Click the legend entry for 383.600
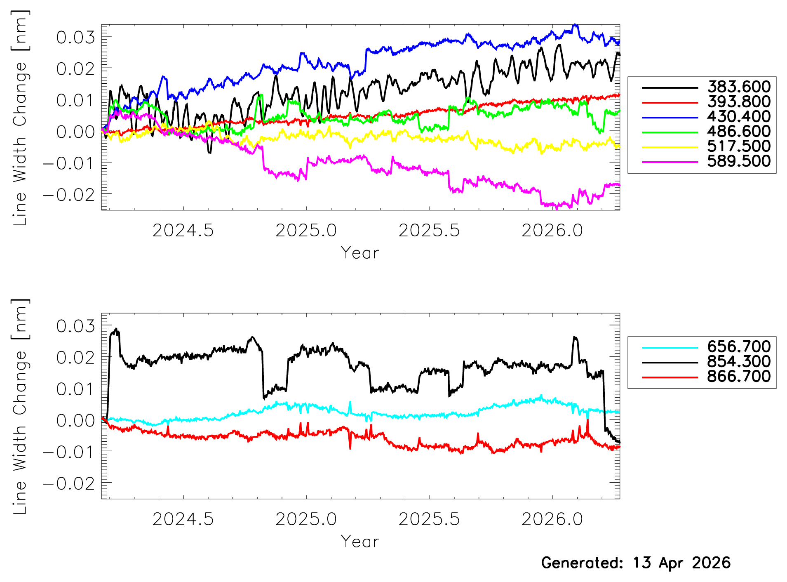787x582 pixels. pos(738,87)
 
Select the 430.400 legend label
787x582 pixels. pos(738,117)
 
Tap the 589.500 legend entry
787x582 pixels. pos(738,161)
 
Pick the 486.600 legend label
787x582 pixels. pos(738,132)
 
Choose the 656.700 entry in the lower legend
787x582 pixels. pos(738,347)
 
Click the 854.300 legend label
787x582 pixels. pos(738,362)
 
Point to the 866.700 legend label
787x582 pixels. pos(738,377)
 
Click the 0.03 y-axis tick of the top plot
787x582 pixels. pos(75,38)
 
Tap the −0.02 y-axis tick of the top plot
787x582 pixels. pos(69,195)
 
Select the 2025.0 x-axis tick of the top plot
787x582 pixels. pos(306,231)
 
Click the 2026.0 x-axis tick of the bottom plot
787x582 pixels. pos(552,519)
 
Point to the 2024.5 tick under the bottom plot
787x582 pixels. pos(183,519)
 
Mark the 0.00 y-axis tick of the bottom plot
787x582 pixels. pos(75,421)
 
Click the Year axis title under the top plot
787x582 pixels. pos(360,253)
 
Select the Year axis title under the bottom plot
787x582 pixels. pos(360,542)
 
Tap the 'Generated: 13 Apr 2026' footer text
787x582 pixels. pos(636,563)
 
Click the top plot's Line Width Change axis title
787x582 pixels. pos(20,118)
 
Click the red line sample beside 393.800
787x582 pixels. pos(670,102)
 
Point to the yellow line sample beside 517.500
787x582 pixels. pos(670,147)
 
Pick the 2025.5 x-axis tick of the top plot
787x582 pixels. pos(429,231)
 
